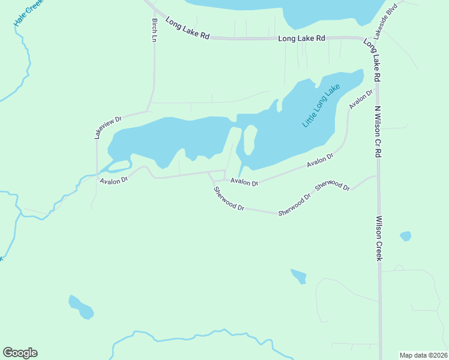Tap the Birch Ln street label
tap(154, 29)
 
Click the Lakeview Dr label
tap(108, 127)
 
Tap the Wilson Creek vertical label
tap(379, 238)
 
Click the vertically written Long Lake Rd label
tap(372, 60)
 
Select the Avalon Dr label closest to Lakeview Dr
tap(114, 180)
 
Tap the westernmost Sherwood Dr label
tap(229, 199)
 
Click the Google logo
tap(20, 353)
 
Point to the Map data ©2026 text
tap(423, 355)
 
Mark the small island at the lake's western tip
tap(120, 164)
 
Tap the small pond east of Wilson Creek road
tap(406, 236)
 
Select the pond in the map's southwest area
tap(81, 307)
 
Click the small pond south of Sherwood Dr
tap(298, 276)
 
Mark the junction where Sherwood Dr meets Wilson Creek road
tap(378, 176)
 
